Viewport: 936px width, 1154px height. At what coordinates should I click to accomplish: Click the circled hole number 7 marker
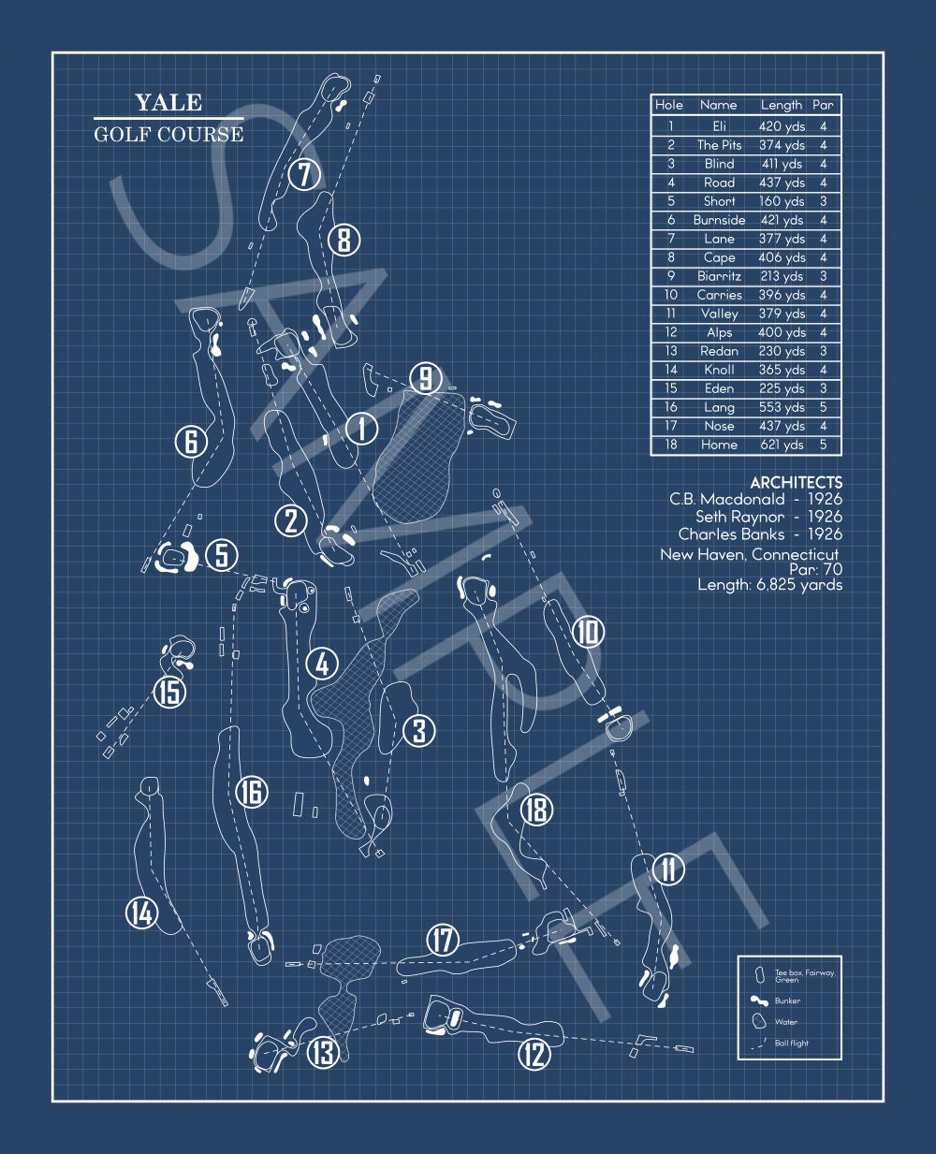pyautogui.click(x=305, y=174)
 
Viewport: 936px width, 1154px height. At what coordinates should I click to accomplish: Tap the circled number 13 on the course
pyautogui.click(x=323, y=1052)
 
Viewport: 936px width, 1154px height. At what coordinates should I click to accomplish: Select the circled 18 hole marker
pyautogui.click(x=536, y=809)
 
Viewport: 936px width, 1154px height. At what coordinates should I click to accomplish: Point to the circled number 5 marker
pyautogui.click(x=221, y=555)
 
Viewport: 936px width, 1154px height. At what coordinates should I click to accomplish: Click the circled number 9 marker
pyautogui.click(x=426, y=378)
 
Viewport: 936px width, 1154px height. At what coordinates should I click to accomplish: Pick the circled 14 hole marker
pyautogui.click(x=142, y=913)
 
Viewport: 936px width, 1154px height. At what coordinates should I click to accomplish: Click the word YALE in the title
pyautogui.click(x=168, y=103)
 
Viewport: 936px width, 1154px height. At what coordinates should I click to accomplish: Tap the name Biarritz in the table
pyautogui.click(x=719, y=276)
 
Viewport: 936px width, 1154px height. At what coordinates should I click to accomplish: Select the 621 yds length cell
pyautogui.click(x=781, y=445)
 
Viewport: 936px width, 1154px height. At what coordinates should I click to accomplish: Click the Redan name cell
pyautogui.click(x=719, y=351)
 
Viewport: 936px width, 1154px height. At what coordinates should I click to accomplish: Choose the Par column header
pyautogui.click(x=823, y=105)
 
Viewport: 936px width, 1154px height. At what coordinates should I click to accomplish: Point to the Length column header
pyautogui.click(x=781, y=105)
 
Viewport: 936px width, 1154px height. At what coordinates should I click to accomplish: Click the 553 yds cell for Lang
pyautogui.click(x=781, y=407)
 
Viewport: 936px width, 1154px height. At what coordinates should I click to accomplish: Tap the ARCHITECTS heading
pyautogui.click(x=796, y=482)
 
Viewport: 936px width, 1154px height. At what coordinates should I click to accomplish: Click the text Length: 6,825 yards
pyautogui.click(x=769, y=585)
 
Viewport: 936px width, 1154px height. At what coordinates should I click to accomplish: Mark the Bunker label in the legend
pyautogui.click(x=787, y=1001)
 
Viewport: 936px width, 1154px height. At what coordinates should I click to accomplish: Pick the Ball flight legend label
pyautogui.click(x=792, y=1043)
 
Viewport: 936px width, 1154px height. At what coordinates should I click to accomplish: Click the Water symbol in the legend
pyautogui.click(x=758, y=1022)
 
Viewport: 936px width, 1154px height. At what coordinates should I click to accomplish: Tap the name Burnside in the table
pyautogui.click(x=719, y=220)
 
